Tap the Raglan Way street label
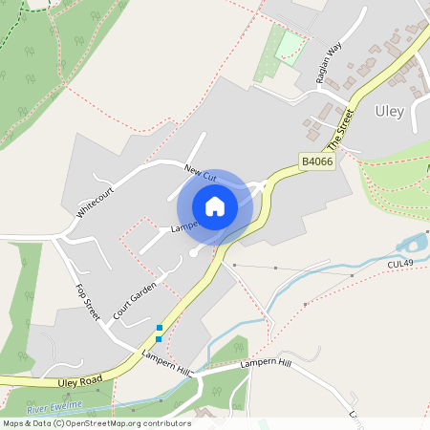tap(328, 65)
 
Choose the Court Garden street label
tap(134, 302)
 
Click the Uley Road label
tap(79, 382)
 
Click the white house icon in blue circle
tap(215, 205)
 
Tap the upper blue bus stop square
tap(159, 328)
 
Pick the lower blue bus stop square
tap(159, 338)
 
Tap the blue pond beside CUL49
tap(413, 244)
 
